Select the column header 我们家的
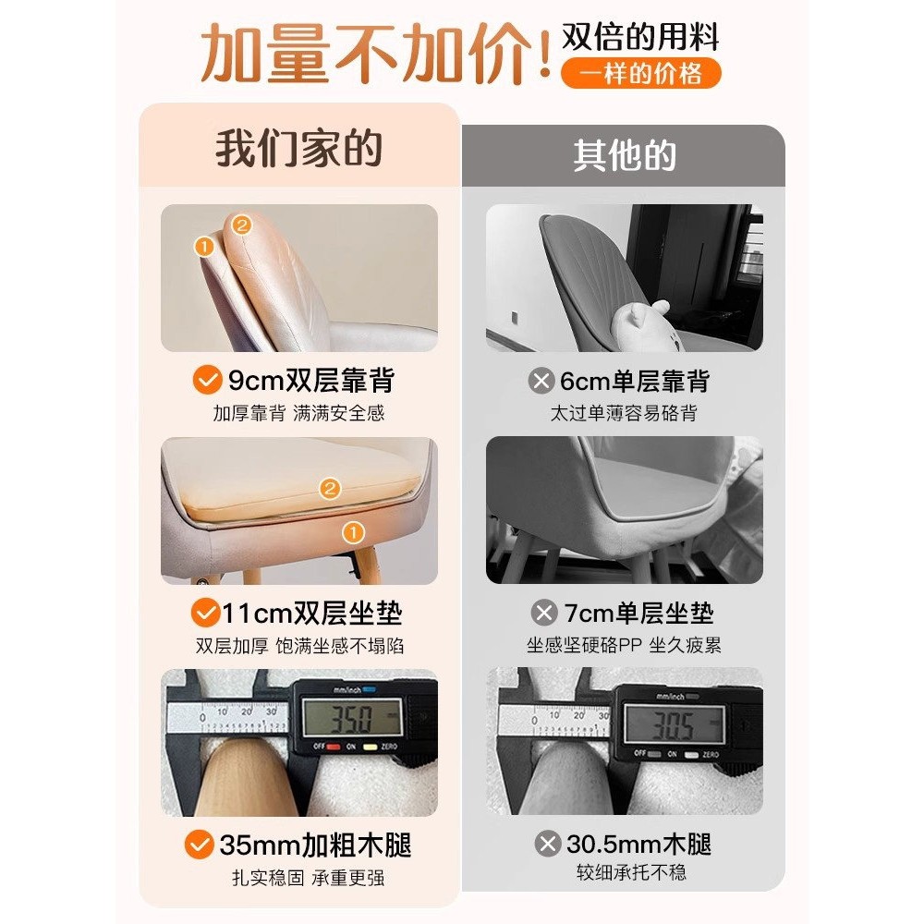coord(298,150)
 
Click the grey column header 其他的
coord(624,155)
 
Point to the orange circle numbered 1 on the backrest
coord(204,246)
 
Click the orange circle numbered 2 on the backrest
coord(241,224)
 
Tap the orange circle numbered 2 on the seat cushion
coord(330,489)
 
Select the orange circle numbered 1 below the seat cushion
coord(351,532)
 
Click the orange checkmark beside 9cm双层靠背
coord(205,380)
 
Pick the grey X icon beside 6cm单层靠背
coord(541,381)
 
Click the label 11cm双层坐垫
coord(311,613)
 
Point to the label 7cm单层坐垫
coord(638,613)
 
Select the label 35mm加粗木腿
coord(315,845)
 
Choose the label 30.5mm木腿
coord(637,845)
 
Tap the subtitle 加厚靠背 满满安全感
coord(298,412)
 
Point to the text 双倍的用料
coord(640,37)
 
